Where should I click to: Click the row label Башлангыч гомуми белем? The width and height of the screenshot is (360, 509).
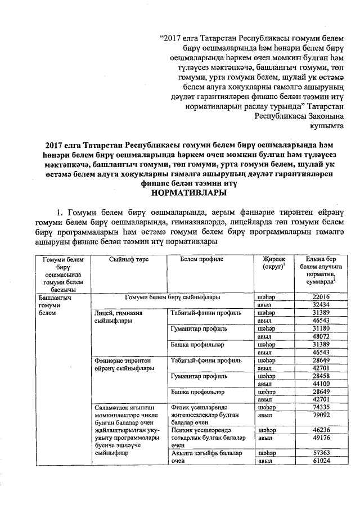pyautogui.click(x=49, y=304)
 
